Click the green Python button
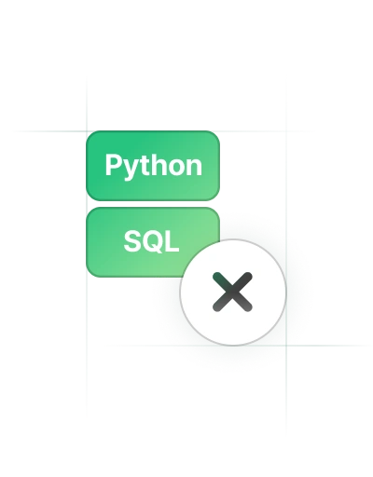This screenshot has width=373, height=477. [x=153, y=166]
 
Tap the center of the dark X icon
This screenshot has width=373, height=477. [x=232, y=292]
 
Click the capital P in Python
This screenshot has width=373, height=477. [x=113, y=165]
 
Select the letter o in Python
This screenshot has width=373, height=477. [x=174, y=168]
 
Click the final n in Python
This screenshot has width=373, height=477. [x=194, y=168]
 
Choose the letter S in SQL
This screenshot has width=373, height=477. [x=132, y=241]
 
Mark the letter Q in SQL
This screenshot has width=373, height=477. [x=153, y=241]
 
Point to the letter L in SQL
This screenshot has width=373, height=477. [x=173, y=241]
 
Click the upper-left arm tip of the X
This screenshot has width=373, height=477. [x=216, y=276]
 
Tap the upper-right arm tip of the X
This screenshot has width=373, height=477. [x=248, y=276]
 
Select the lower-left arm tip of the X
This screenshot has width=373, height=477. [x=216, y=307]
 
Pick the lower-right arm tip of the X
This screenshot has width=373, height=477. [x=248, y=307]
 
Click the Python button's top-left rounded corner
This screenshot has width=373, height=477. [x=90, y=134]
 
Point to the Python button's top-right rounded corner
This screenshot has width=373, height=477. [x=217, y=134]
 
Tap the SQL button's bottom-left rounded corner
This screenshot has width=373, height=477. [x=90, y=274]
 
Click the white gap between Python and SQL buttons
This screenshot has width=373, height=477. [x=153, y=204]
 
